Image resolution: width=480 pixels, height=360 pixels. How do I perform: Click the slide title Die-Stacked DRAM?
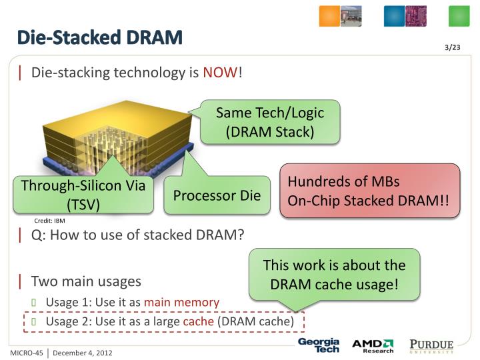pos(99,37)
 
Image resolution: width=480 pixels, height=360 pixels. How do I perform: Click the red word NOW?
pos(220,73)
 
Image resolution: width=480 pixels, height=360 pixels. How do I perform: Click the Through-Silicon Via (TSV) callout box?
pos(83,195)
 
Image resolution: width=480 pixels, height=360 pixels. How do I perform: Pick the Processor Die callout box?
pos(217,195)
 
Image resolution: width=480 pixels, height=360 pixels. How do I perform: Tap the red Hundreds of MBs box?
pos(369,191)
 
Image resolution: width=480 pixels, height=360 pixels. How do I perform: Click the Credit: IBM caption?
pos(49,221)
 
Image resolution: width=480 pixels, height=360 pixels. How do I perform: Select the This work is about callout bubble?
pos(334,274)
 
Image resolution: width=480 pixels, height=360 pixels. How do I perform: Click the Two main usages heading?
pos(86,281)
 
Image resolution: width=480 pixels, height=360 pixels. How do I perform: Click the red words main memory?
pos(181,302)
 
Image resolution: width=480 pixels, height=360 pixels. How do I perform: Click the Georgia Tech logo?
pos(318,345)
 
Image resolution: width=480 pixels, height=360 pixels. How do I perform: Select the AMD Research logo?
pos(373,345)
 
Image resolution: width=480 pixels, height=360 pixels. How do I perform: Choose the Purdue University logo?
pos(431,345)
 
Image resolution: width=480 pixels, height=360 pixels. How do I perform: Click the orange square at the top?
pos(329,16)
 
